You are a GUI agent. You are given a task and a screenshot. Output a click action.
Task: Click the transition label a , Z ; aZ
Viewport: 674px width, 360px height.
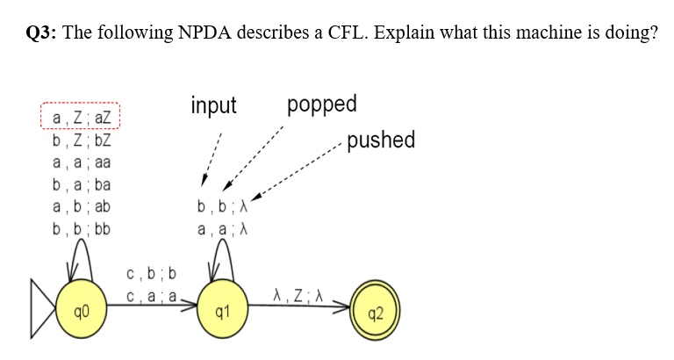(x=80, y=118)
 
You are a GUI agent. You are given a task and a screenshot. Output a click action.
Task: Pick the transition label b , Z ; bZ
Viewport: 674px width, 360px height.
(x=80, y=140)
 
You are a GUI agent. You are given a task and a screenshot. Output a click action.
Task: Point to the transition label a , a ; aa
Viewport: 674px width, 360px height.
(x=80, y=162)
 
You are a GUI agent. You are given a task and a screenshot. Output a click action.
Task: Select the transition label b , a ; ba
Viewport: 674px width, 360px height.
(x=80, y=185)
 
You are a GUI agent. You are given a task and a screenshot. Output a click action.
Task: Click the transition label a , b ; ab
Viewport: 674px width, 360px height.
(x=80, y=208)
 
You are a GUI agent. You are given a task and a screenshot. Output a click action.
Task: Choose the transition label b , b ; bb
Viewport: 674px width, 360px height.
(x=80, y=231)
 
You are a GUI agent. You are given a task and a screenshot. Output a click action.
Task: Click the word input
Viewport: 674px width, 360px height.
(x=213, y=106)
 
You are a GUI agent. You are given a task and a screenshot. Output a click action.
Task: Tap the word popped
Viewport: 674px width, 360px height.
(x=322, y=104)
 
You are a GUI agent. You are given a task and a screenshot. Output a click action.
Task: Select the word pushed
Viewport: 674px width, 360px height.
(x=381, y=140)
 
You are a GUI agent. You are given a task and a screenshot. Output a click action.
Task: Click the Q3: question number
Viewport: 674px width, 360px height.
(x=36, y=33)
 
